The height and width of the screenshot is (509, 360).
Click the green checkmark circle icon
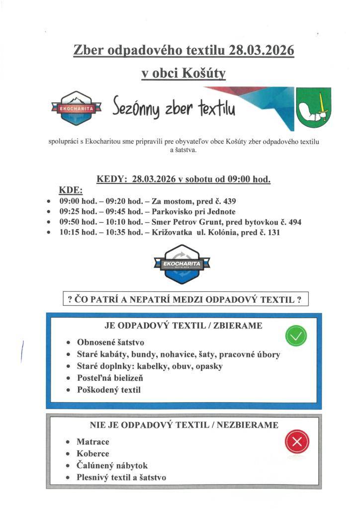click(x=295, y=337)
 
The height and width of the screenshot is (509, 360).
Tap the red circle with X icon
click(x=297, y=441)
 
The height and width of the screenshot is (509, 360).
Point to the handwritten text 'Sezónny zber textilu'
click(x=174, y=106)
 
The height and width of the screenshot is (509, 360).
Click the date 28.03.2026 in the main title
click(x=262, y=50)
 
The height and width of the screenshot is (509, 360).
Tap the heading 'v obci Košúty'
click(x=183, y=74)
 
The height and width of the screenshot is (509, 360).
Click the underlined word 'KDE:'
click(x=71, y=191)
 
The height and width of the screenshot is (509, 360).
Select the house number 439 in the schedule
click(x=228, y=201)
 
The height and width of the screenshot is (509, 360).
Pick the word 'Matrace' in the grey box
click(x=93, y=441)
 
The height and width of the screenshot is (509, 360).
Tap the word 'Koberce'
click(x=93, y=453)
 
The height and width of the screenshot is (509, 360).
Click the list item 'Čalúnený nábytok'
click(x=112, y=466)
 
